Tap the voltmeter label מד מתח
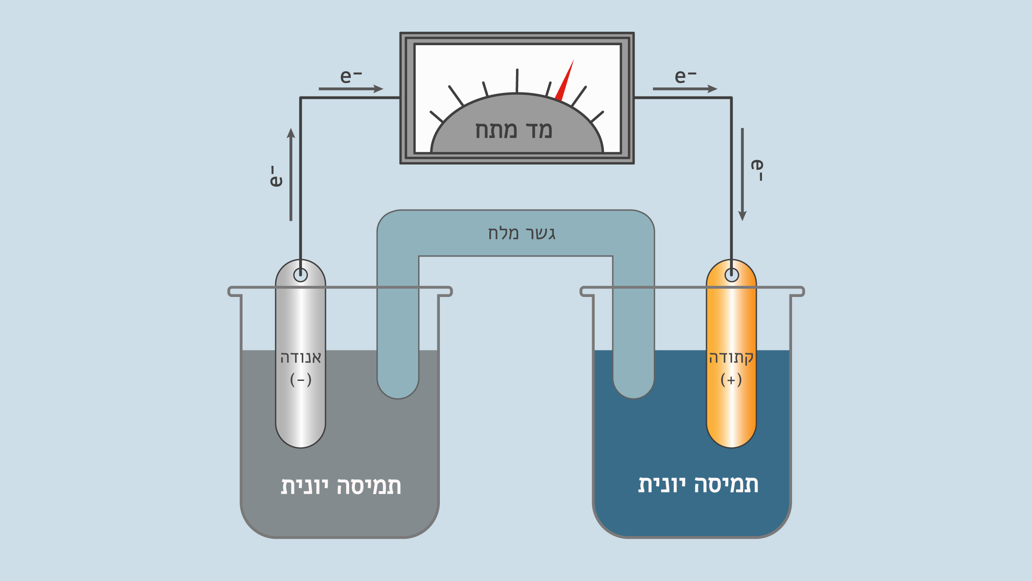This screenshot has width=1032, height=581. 513,130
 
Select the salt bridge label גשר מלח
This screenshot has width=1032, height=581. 522,233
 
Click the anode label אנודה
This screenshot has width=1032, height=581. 301,358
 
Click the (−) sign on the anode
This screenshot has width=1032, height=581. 301,380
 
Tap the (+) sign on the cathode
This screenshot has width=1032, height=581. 731,380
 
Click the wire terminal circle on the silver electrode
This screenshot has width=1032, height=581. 301,275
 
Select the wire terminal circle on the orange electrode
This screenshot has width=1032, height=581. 731,275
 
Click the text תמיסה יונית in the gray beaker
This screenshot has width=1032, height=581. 341,486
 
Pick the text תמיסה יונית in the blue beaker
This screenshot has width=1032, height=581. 698,485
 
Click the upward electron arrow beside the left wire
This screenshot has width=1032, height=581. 291,174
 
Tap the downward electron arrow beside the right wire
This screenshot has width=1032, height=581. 742,174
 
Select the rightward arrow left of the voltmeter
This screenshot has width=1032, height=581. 351,89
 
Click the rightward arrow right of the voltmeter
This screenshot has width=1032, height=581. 685,89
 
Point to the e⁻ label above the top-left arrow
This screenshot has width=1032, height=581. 351,76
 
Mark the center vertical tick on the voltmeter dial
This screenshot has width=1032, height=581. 517,81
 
